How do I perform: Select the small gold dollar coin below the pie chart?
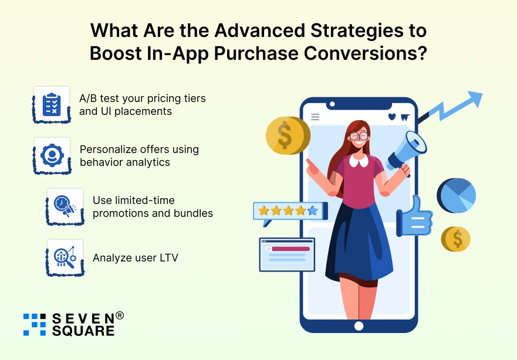(x=457, y=239)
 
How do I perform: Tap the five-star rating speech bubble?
(x=288, y=210)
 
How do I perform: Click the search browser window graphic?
(x=287, y=254)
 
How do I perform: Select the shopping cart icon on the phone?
(x=404, y=117)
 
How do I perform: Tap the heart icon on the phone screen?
(x=391, y=117)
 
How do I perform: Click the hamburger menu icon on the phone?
(x=315, y=117)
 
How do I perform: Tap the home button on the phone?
(x=358, y=325)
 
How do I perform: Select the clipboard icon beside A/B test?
(x=52, y=104)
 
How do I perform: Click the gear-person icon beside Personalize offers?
(x=52, y=155)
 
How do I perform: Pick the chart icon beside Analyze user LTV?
(x=64, y=257)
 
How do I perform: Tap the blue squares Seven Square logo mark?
(x=35, y=324)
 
